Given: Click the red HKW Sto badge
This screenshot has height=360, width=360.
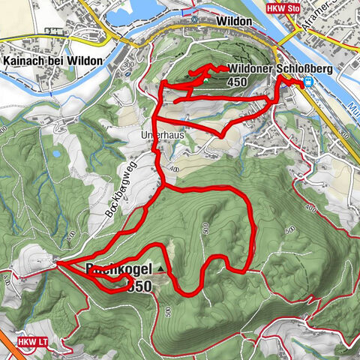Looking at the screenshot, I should [x=285, y=7].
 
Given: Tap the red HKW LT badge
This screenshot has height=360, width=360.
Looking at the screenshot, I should [x=31, y=341].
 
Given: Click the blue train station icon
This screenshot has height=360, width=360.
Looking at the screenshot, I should [x=308, y=83].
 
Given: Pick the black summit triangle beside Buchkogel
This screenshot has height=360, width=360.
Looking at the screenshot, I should [x=160, y=268].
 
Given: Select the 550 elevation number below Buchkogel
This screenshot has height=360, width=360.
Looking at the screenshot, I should [x=139, y=286].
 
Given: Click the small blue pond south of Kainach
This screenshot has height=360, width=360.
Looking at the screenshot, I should [x=55, y=154].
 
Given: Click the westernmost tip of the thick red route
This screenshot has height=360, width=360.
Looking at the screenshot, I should [x=56, y=263].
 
